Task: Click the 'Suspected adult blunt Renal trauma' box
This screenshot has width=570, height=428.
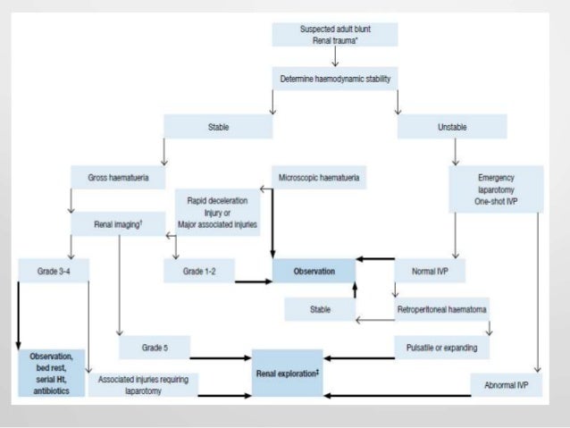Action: [334, 34]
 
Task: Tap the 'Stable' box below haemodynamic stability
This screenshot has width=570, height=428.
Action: [217, 128]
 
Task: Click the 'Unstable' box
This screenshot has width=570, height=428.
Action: [451, 128]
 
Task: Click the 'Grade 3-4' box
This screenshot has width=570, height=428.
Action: [53, 270]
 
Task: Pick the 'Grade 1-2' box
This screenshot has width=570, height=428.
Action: [198, 270]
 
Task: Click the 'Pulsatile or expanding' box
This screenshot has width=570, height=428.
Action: [442, 346]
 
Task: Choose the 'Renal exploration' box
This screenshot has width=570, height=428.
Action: [287, 372]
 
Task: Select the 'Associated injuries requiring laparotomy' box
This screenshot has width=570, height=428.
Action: [143, 384]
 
